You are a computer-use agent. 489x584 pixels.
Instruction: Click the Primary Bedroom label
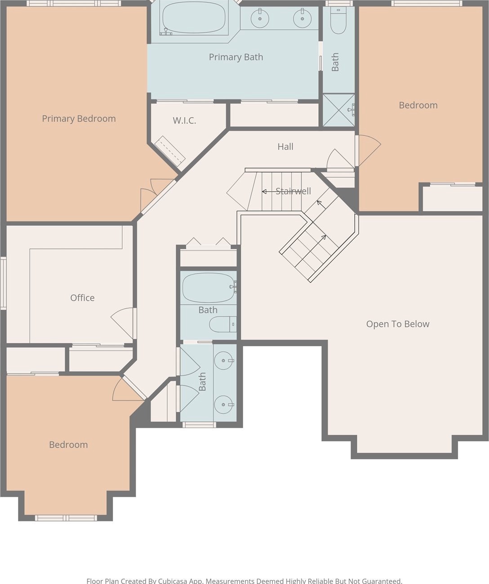tap(79, 119)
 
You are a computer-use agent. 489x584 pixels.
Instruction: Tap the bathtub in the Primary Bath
tap(194, 18)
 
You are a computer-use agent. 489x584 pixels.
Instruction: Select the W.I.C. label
tap(184, 121)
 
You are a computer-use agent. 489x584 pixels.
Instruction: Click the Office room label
tap(82, 297)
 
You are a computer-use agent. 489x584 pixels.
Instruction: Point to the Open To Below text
tap(398, 324)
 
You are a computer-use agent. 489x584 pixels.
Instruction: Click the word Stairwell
tap(293, 191)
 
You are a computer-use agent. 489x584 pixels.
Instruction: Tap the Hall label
tap(285, 147)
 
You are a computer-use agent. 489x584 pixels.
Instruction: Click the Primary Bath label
tap(236, 57)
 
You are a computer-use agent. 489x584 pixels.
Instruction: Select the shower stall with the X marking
tap(339, 110)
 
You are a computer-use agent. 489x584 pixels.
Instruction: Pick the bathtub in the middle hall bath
tap(209, 288)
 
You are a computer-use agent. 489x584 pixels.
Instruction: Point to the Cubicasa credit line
tap(244, 580)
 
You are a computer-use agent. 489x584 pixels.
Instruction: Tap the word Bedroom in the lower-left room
tap(68, 445)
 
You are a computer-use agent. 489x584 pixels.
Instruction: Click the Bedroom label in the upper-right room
tap(418, 105)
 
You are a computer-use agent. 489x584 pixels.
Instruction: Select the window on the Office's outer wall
tap(3, 283)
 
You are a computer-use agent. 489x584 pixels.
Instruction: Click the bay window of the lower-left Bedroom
tap(66, 518)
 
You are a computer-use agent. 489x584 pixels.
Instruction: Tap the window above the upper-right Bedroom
tap(427, 3)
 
